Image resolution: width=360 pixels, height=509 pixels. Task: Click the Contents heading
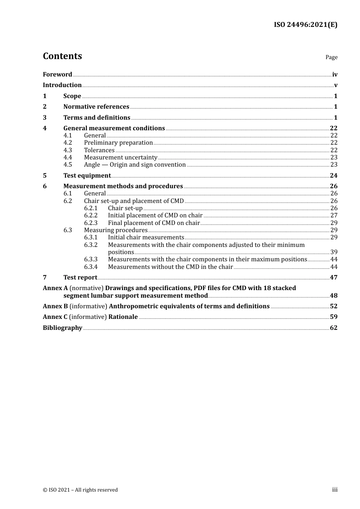tap(62, 56)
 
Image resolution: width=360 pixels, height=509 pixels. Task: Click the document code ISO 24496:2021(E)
tap(305, 25)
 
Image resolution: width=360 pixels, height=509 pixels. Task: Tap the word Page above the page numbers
tap(331, 57)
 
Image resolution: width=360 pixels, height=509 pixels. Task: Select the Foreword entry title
tap(57, 75)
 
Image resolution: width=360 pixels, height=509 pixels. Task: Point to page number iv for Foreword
tap(335, 75)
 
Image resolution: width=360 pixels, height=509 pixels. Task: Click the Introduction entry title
tap(62, 85)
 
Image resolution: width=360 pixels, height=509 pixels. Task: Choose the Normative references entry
tap(96, 107)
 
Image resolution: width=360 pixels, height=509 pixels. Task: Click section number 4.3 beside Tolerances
tap(67, 150)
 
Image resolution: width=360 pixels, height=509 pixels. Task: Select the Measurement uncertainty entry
tap(121, 158)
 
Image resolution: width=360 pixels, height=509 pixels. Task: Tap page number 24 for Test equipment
tap(333, 176)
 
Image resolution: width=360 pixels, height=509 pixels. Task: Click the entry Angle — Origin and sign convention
tap(135, 165)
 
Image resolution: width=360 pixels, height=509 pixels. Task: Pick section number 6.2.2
tap(91, 215)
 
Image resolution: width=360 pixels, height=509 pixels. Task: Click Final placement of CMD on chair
tap(153, 223)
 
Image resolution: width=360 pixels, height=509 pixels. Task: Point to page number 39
tap(333, 252)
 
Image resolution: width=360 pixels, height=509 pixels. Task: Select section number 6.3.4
tap(91, 267)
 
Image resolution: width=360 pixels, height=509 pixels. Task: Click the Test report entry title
tap(80, 278)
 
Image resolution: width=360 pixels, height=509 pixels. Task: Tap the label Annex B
tap(55, 306)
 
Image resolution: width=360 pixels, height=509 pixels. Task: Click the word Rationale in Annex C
tap(123, 317)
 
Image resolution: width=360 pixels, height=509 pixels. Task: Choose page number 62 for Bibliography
tap(333, 328)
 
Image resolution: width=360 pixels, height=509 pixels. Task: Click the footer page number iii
tap(335, 490)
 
